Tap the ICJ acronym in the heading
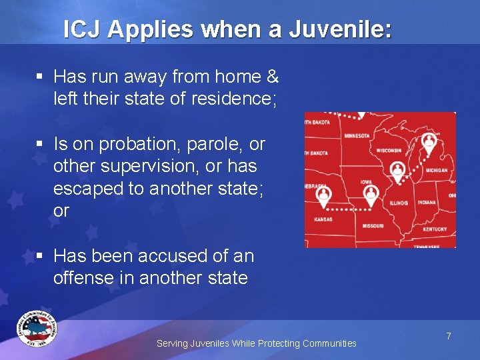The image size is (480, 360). click(83, 30)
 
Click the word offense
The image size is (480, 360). click(87, 278)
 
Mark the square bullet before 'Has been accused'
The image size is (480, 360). click(41, 257)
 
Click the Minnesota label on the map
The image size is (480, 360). click(357, 136)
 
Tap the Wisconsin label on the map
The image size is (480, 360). click(389, 151)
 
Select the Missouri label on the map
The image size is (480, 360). click(373, 225)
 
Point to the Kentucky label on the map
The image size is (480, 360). click(435, 229)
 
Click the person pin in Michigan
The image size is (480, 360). click(429, 143)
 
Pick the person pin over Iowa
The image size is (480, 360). click(371, 193)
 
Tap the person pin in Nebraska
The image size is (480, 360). click(324, 194)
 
